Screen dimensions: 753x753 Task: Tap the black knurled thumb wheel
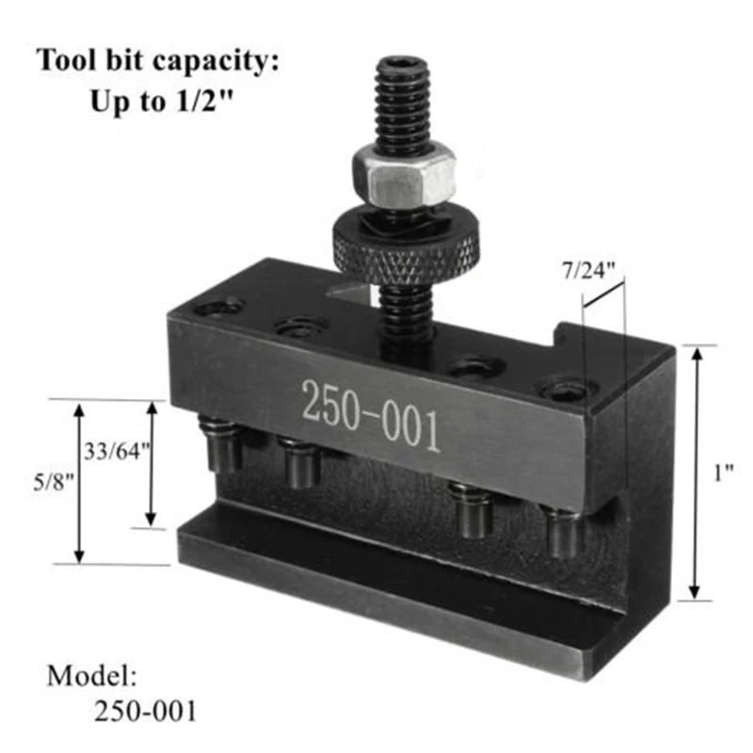406,248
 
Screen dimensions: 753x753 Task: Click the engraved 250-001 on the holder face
370,416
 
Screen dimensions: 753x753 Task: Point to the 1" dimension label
723,473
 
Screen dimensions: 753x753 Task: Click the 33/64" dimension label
117,452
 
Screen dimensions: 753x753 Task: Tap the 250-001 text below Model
145,712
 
